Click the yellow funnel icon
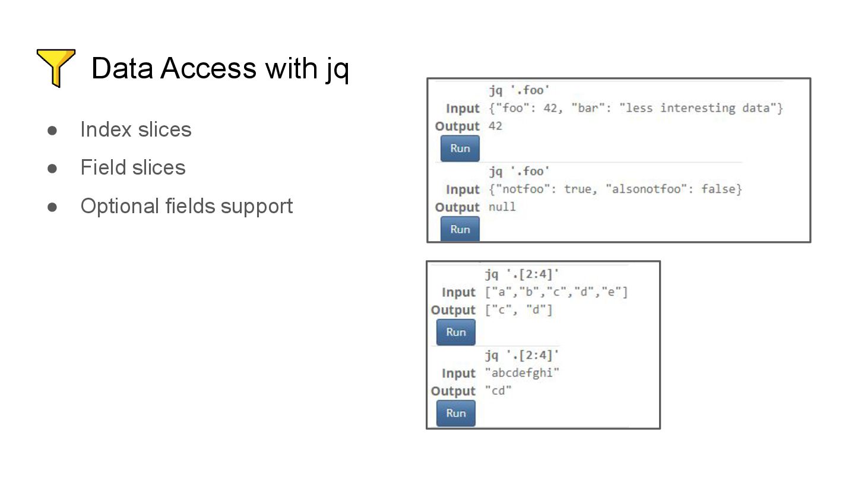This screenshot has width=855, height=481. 56,68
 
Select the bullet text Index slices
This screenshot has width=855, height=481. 135,129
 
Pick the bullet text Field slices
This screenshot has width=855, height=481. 133,168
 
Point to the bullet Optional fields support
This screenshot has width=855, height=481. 186,206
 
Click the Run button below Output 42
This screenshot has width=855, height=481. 460,148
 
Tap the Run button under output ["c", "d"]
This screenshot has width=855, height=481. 455,332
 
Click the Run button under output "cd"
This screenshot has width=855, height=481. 455,413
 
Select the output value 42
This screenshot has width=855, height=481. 495,126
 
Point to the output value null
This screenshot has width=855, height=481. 502,207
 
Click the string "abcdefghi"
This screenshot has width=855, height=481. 522,373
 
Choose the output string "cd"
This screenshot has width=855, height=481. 498,391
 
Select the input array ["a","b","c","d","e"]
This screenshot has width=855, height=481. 556,292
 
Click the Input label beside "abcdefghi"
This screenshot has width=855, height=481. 458,374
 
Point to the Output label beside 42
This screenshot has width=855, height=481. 457,126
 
